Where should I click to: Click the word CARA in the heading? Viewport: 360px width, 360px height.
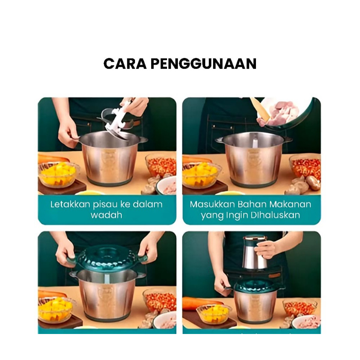tap(125, 64)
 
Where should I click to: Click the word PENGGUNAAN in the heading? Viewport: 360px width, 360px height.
tap(204, 64)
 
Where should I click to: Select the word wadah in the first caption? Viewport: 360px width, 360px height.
tap(106, 215)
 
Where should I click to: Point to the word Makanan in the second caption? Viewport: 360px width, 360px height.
tap(290, 204)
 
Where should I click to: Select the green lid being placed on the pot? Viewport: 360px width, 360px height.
tap(107, 258)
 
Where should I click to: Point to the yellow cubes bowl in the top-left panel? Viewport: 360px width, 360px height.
tap(58, 174)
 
